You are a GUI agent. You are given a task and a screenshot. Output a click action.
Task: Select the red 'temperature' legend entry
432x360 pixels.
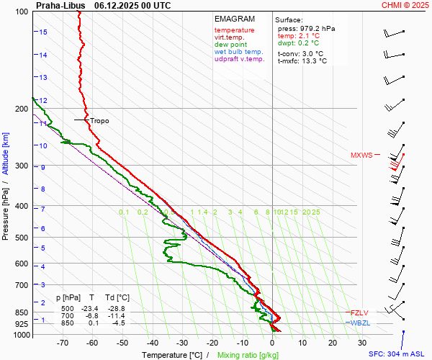point(234,30)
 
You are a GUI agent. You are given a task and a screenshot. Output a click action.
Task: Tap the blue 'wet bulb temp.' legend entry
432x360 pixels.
point(239,52)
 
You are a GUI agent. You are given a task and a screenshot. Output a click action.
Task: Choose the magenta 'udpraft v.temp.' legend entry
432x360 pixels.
point(240,59)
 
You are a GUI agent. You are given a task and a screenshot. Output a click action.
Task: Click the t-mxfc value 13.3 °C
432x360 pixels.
point(313,61)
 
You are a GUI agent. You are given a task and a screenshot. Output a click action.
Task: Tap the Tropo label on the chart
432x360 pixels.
point(99,121)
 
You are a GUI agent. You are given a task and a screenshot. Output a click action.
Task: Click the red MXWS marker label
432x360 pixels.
point(361,156)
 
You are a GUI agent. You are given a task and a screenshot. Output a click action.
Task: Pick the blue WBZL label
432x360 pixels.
point(360,323)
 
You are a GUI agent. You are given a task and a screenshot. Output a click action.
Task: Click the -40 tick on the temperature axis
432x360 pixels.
point(153,343)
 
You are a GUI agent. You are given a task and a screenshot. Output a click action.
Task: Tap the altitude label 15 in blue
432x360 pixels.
point(43,32)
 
